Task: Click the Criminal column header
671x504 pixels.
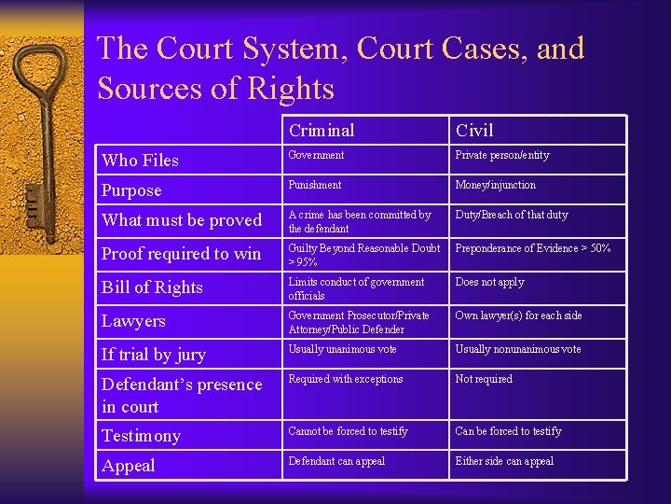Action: pyautogui.click(x=322, y=131)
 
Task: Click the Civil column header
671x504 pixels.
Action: pyautogui.click(x=474, y=131)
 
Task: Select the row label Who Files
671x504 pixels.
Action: pyautogui.click(x=140, y=161)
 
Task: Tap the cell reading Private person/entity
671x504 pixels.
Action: pyautogui.click(x=502, y=156)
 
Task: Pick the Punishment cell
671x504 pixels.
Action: pyautogui.click(x=315, y=186)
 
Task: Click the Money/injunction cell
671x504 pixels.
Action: pyautogui.click(x=496, y=186)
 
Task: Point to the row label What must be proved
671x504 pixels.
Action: pyautogui.click(x=182, y=220)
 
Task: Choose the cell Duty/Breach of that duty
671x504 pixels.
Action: pyautogui.click(x=512, y=216)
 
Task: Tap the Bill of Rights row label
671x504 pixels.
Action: pyautogui.click(x=152, y=287)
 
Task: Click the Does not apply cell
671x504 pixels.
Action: pyautogui.click(x=490, y=283)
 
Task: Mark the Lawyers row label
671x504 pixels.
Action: pyautogui.click(x=133, y=321)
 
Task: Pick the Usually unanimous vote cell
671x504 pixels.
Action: pyautogui.click(x=343, y=350)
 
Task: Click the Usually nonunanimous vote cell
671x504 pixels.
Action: pyautogui.click(x=518, y=350)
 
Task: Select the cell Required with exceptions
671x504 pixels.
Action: pyautogui.click(x=346, y=380)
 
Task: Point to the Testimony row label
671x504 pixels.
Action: pyautogui.click(x=142, y=436)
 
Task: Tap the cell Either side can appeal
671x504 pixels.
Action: pyautogui.click(x=504, y=461)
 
